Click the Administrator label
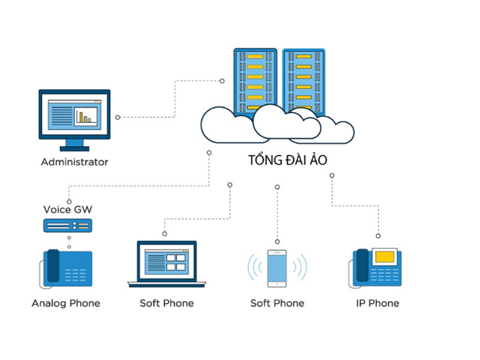(x=74, y=162)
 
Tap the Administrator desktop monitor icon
(x=74, y=118)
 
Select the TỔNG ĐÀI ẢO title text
(x=288, y=161)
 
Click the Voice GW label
(x=68, y=209)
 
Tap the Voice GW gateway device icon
(x=67, y=226)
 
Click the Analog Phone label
(x=66, y=303)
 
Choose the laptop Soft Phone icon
(x=167, y=264)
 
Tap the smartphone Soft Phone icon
(x=277, y=268)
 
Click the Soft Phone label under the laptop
(x=167, y=303)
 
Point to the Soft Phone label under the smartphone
(x=277, y=303)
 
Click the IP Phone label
(x=377, y=303)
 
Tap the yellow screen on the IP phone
(x=385, y=257)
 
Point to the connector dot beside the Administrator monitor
(x=118, y=117)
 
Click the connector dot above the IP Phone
(x=378, y=236)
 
